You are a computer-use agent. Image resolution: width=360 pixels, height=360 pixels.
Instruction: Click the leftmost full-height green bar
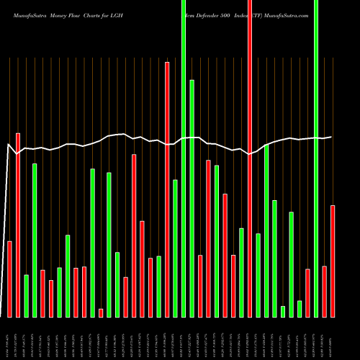pyautogui.click(x=184, y=158)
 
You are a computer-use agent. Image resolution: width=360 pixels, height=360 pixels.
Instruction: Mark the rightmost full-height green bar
pyautogui.click(x=316, y=158)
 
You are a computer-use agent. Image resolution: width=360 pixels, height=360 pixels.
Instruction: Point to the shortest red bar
pyautogui.click(x=101, y=312)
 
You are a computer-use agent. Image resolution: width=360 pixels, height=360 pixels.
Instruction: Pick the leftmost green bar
pyautogui.click(x=27, y=295)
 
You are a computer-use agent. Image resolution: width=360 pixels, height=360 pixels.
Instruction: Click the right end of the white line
pyautogui.click(x=331, y=137)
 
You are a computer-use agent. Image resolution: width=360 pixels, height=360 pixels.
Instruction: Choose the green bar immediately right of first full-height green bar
pyautogui.click(x=192, y=198)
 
